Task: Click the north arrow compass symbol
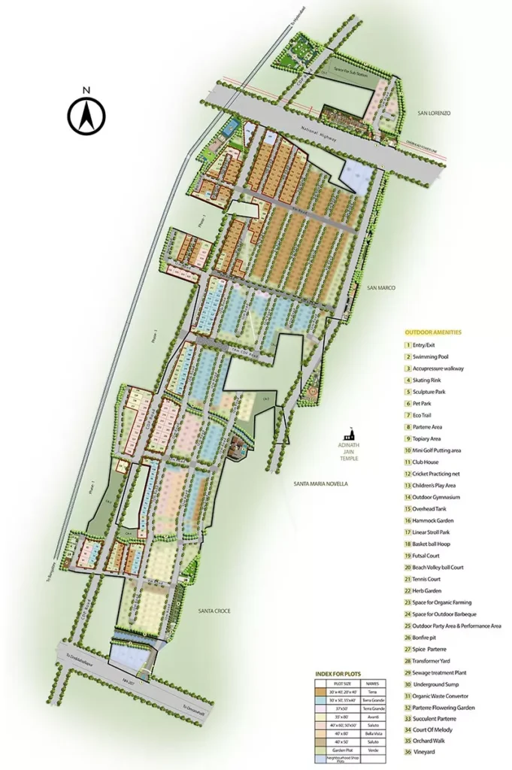(86, 114)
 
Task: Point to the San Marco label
(381, 288)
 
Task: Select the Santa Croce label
(214, 611)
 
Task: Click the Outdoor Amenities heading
(433, 332)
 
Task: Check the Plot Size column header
(338, 684)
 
